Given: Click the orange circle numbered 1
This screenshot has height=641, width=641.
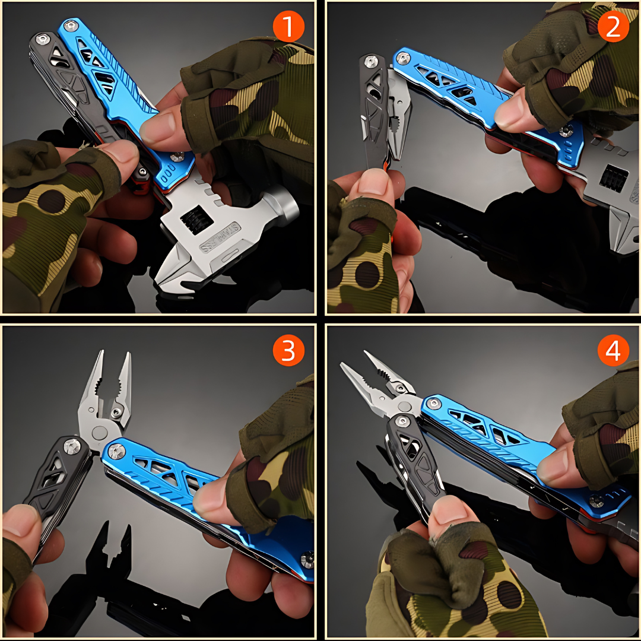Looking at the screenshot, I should (288, 27).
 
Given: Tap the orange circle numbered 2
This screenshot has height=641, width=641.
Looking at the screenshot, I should (613, 27).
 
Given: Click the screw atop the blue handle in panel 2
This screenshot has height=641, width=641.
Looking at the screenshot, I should (402, 58).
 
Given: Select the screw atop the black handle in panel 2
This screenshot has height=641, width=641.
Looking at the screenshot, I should (372, 61).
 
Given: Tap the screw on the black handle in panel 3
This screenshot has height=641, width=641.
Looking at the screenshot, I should (72, 445).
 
